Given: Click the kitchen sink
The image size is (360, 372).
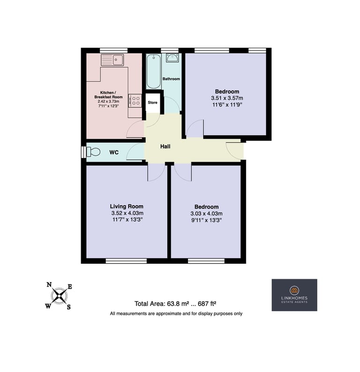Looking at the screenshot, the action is (112, 60).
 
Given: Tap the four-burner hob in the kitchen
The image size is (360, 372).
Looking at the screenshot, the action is (135, 101).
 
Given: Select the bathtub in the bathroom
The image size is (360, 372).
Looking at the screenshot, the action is (154, 71).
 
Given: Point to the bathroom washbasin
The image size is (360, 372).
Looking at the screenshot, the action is (172, 58).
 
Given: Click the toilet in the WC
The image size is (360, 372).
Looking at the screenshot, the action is (93, 152).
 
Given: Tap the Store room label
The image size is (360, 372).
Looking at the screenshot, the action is (152, 103).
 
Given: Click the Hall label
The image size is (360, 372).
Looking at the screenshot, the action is (165, 146).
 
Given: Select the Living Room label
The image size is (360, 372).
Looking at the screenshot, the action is (127, 207).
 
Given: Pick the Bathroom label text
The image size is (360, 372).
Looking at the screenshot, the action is (171, 79).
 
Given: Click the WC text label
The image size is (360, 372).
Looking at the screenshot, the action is (114, 152).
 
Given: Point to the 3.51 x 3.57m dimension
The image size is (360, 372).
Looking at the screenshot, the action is (227, 98).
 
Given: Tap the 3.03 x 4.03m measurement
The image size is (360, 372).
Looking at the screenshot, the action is (206, 214).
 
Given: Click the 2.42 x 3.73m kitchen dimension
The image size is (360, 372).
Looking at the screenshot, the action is (108, 102).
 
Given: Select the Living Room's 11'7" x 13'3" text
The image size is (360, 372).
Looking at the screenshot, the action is (127, 219).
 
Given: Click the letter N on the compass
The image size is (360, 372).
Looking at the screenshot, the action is (49, 285).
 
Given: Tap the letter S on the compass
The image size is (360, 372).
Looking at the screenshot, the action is (69, 307).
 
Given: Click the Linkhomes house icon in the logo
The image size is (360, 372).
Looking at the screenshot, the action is (294, 290).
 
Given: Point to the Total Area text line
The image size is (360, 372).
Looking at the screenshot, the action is (175, 304).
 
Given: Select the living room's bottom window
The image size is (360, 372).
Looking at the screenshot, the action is (126, 261).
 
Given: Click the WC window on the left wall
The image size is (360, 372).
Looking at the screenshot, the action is (83, 152).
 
